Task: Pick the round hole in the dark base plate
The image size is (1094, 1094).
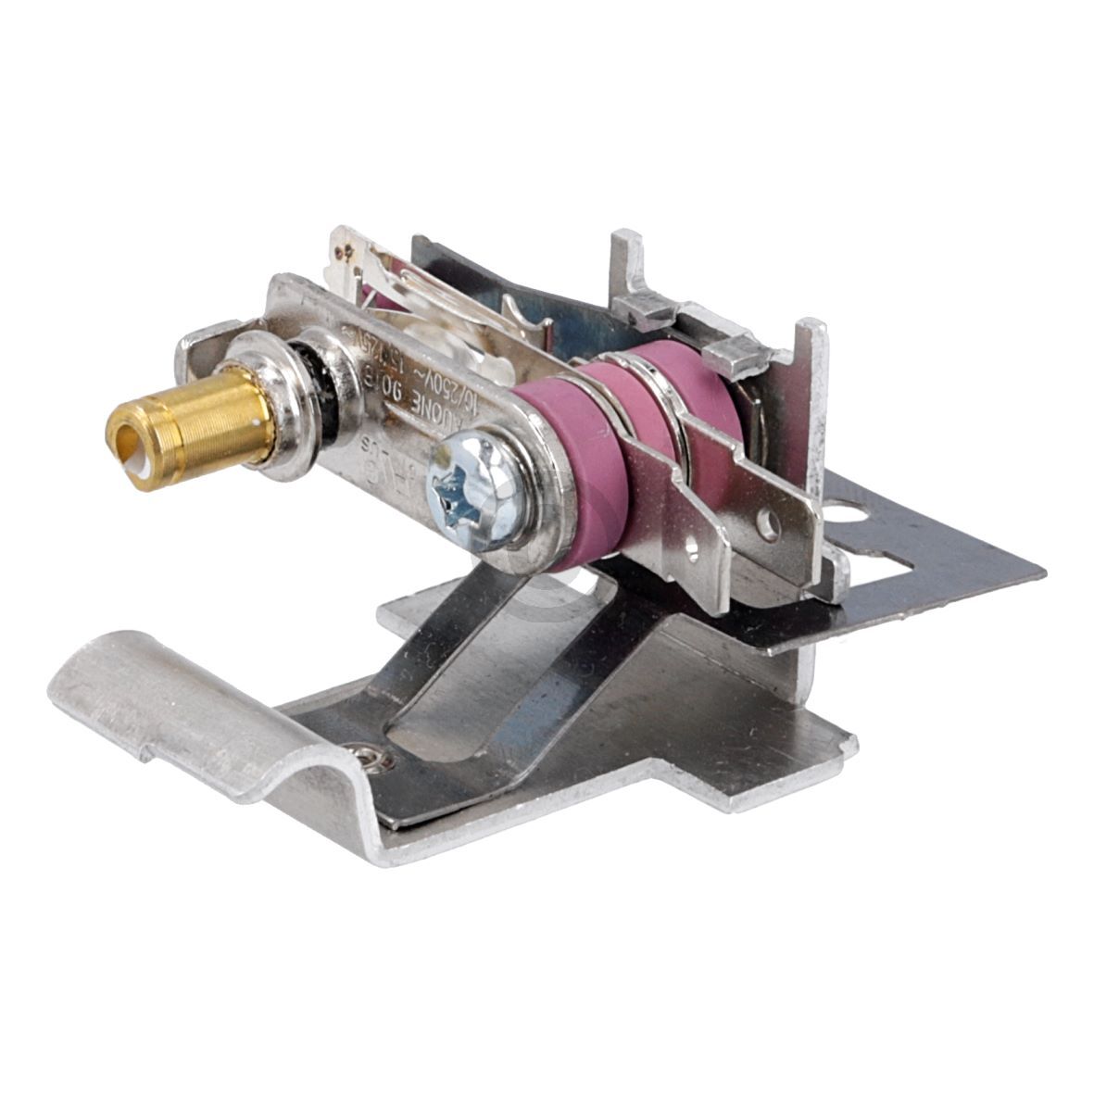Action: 845,512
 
